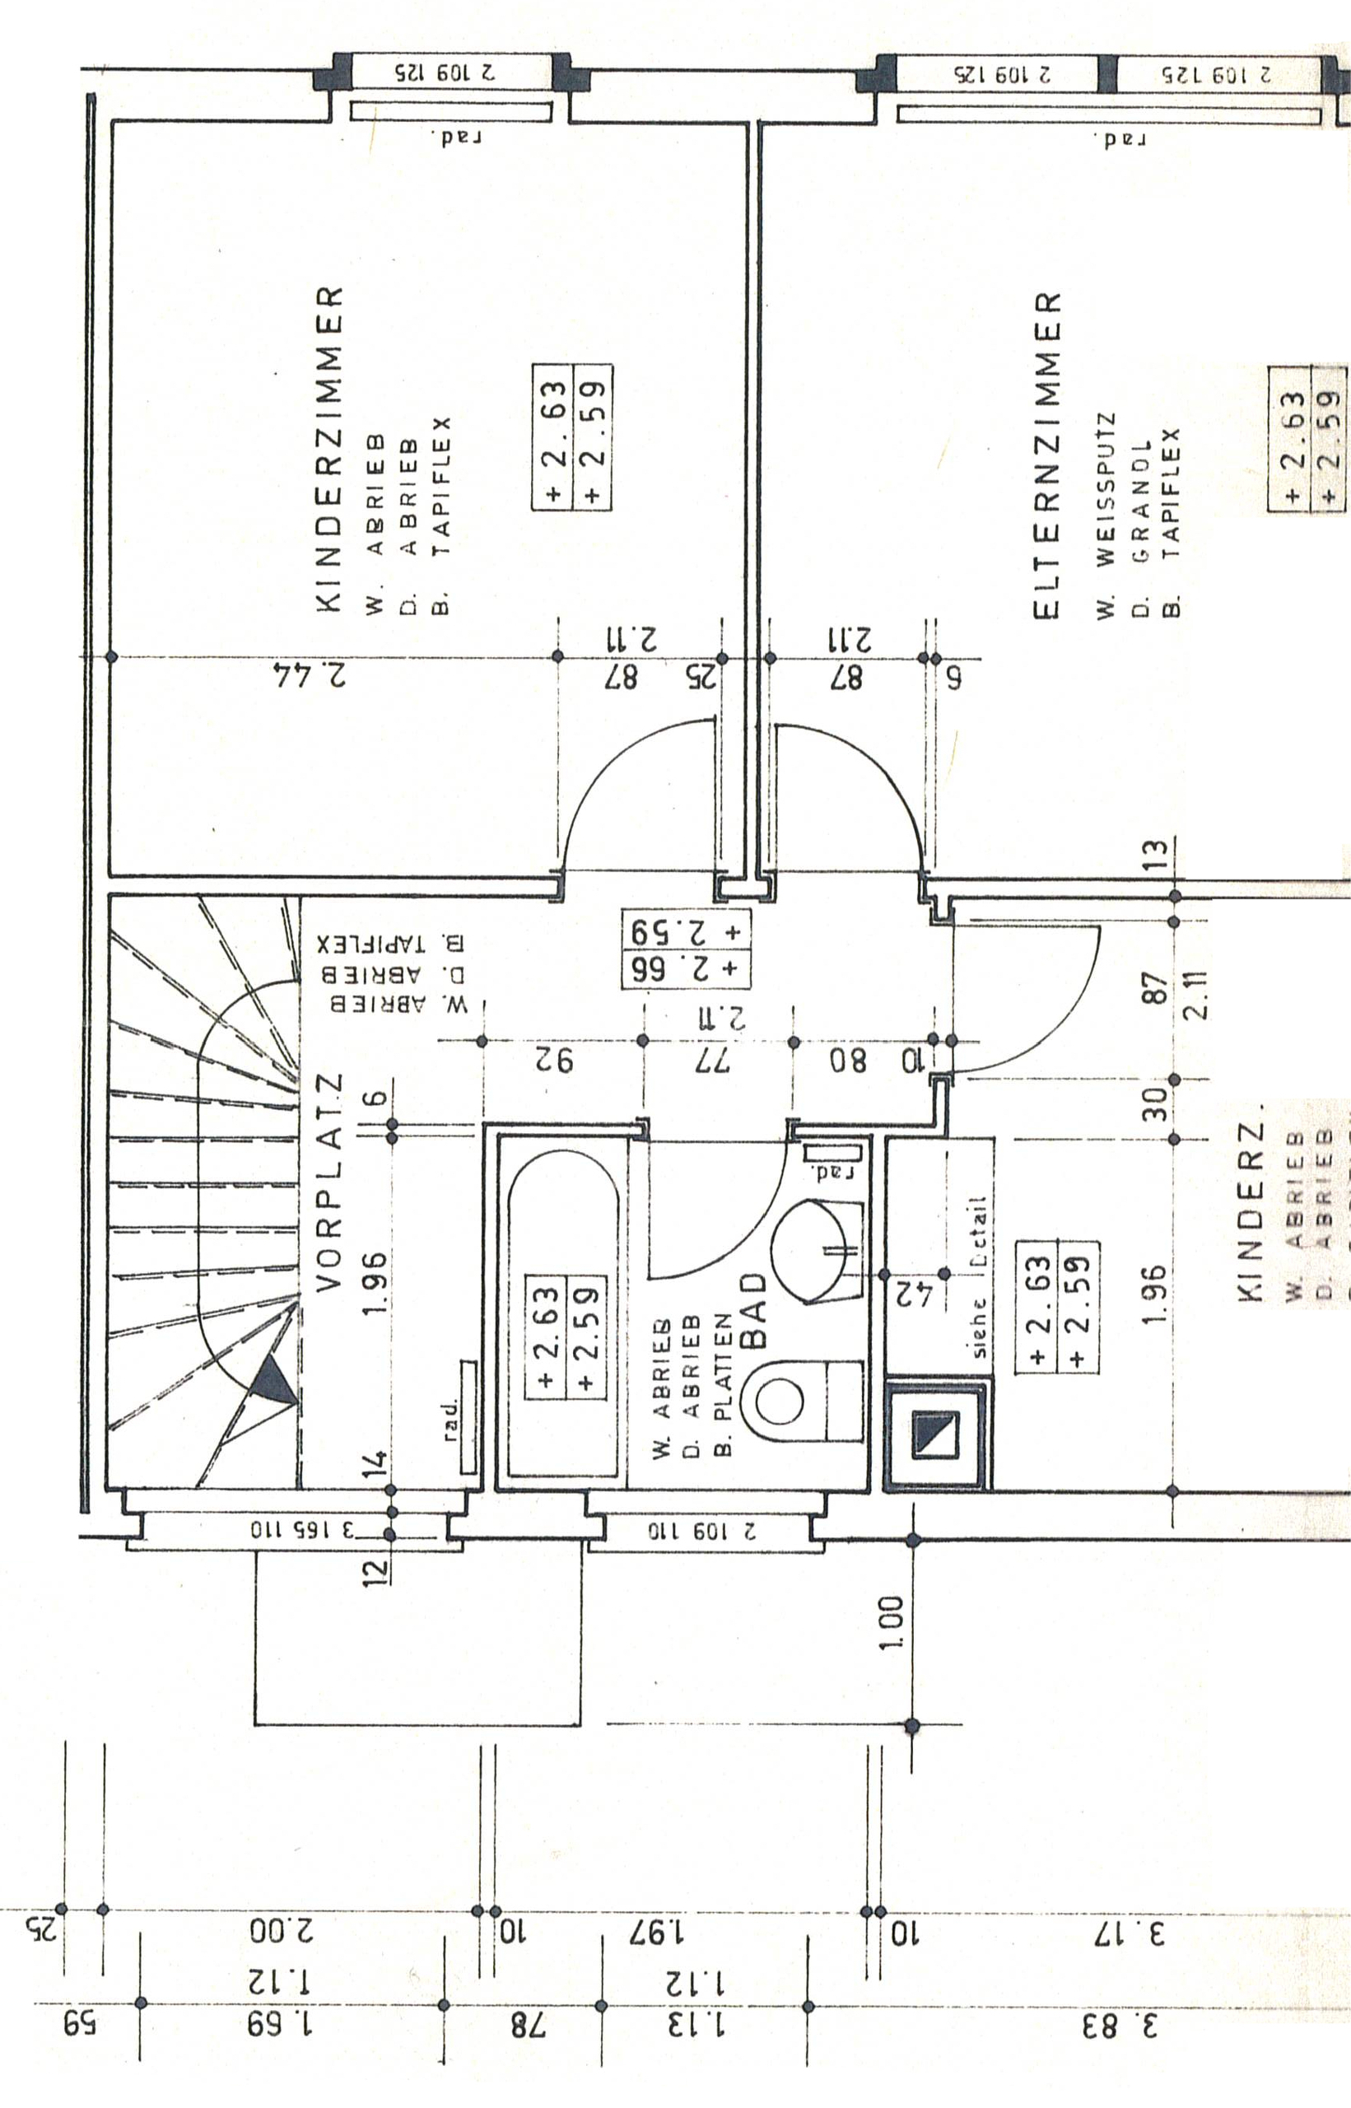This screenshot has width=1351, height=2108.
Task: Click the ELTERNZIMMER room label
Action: pos(1047,456)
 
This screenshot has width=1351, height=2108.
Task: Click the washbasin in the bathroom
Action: pos(812,1250)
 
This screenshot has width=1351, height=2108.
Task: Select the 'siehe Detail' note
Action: pos(979,1276)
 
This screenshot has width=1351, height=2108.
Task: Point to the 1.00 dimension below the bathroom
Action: pos(890,1623)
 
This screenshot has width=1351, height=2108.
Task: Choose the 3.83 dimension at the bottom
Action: pos(1124,2027)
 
